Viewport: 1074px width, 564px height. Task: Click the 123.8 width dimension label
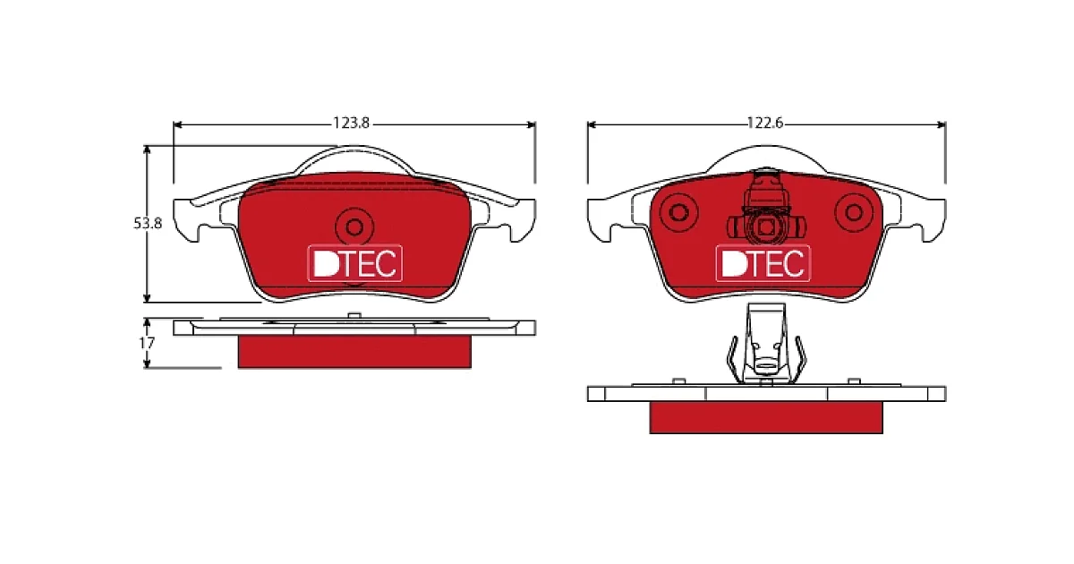click(352, 124)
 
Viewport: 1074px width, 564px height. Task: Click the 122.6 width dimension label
click(765, 124)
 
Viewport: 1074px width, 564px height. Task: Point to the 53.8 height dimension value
click(148, 224)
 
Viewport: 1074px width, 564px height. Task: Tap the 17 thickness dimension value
click(147, 343)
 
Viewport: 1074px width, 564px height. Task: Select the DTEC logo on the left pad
click(354, 263)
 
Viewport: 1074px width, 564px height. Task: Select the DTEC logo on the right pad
click(763, 263)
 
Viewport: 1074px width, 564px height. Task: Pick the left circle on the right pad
click(678, 212)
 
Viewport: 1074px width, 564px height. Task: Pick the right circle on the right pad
click(854, 212)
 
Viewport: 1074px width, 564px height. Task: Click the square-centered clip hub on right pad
click(766, 227)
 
